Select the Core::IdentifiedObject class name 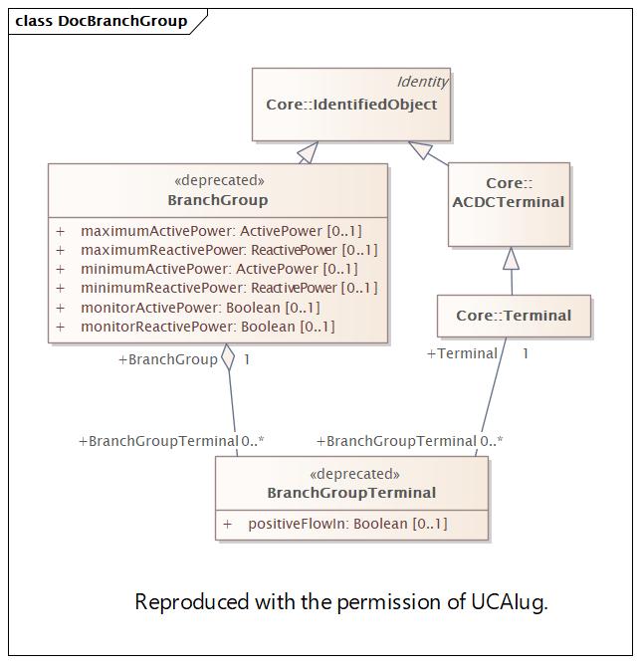[351, 105]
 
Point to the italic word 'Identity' [422, 82]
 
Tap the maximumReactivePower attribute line [229, 250]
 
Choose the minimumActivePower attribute [219, 269]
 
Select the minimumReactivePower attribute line [229, 288]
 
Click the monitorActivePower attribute [200, 308]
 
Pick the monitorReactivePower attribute [207, 327]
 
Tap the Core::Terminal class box [514, 316]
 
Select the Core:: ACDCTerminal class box [510, 204]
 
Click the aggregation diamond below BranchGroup [228, 357]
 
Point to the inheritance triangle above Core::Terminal [511, 259]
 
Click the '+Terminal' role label [462, 353]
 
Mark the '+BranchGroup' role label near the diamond [167, 359]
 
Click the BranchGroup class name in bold [218, 200]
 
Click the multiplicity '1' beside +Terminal [526, 353]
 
